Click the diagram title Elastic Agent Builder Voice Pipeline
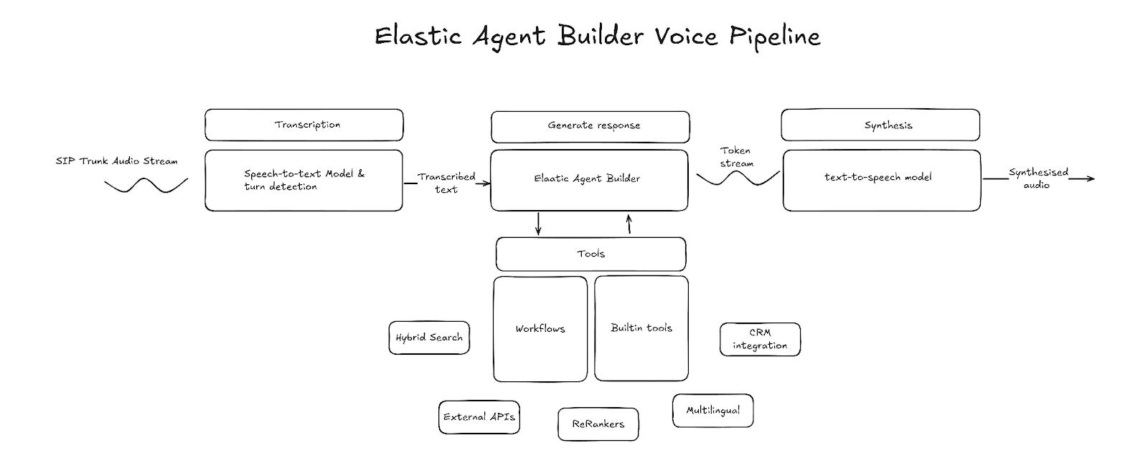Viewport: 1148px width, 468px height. point(597,36)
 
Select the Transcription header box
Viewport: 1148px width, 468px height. point(304,125)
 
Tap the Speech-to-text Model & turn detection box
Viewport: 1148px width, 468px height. point(304,180)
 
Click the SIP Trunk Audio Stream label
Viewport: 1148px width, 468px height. point(116,161)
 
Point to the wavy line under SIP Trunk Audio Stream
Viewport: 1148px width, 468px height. point(146,186)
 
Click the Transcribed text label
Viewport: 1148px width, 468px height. point(446,183)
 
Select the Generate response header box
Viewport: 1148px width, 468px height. point(591,126)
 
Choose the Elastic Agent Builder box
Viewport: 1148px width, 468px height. point(589,179)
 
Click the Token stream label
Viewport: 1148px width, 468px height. point(736,157)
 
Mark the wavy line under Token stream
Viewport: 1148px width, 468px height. point(738,178)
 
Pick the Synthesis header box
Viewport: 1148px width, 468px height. point(880,125)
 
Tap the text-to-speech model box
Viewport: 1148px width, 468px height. point(882,180)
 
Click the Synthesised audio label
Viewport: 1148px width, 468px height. point(1038,178)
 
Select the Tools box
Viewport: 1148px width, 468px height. point(591,254)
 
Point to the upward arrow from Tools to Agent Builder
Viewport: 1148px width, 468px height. point(629,224)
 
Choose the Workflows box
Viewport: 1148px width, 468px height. point(540,329)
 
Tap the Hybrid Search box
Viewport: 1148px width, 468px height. point(429,338)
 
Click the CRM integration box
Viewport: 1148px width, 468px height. point(760,339)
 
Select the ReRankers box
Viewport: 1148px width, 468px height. point(598,424)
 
